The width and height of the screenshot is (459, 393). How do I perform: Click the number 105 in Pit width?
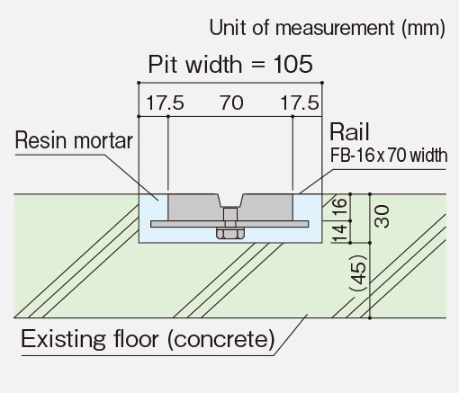[x=293, y=64]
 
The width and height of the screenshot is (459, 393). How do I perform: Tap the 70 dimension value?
[x=231, y=103]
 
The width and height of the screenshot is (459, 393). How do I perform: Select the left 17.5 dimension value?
[x=165, y=103]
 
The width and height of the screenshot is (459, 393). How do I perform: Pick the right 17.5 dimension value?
[x=300, y=103]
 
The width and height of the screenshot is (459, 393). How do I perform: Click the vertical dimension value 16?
[x=339, y=206]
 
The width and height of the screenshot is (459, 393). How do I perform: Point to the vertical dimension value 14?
[x=339, y=233]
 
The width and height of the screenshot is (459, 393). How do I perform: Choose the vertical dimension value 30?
[x=382, y=216]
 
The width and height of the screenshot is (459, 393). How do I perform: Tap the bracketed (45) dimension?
[x=358, y=272]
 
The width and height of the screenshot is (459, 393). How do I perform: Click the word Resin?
[x=41, y=140]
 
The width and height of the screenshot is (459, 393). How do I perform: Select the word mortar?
[x=103, y=141]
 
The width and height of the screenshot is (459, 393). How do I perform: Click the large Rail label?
[x=349, y=131]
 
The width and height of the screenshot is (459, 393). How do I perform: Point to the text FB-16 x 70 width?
[x=389, y=156]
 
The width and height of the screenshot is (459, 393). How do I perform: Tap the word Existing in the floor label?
[x=63, y=339]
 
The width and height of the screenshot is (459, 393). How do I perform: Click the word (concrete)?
[x=221, y=339]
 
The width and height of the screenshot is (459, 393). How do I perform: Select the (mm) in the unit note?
[x=424, y=28]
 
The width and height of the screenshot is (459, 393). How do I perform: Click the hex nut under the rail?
[x=229, y=234]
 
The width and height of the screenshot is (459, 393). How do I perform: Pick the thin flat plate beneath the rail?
[x=229, y=224]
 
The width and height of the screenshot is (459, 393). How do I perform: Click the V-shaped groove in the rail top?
[x=230, y=201]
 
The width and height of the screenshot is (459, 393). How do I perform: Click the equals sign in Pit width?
[x=257, y=65]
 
